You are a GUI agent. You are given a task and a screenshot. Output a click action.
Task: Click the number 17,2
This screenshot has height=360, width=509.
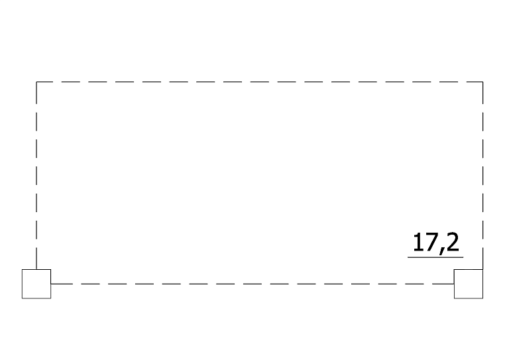click(436, 243)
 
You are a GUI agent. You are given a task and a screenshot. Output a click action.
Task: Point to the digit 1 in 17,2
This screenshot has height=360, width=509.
click(418, 242)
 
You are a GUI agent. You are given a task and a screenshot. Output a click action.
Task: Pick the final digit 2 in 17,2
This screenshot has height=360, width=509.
click(453, 242)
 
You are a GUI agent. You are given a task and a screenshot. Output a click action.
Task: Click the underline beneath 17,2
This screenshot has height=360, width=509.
click(435, 257)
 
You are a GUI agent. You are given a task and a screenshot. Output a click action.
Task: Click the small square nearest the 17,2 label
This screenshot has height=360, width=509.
click(469, 284)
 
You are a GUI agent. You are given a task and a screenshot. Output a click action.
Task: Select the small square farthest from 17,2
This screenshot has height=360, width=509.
click(36, 284)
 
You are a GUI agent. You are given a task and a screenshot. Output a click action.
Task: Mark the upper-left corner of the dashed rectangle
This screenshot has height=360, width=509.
click(36, 82)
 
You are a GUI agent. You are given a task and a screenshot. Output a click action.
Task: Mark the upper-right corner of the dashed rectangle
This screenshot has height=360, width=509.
click(482, 82)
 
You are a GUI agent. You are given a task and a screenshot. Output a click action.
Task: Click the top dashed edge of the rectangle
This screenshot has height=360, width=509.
click(260, 82)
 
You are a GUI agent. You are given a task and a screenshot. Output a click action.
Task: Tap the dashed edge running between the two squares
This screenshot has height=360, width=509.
click(253, 284)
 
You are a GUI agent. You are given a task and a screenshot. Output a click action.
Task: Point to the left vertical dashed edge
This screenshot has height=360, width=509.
click(36, 176)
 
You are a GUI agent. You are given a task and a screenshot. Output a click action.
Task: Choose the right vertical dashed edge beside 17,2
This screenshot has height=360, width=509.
click(482, 176)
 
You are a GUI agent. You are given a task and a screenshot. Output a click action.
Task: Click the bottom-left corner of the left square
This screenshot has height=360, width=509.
click(22, 298)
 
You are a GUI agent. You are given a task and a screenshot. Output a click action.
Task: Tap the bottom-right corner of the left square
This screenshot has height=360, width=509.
click(50, 298)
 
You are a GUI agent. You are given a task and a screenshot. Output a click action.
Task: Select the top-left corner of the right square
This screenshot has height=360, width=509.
click(454, 269)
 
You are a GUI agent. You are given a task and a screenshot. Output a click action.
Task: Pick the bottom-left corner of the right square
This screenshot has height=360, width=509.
click(454, 298)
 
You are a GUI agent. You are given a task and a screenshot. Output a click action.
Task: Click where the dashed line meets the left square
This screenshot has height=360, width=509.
click(50, 284)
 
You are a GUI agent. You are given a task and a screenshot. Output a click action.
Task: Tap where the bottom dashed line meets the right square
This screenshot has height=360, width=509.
click(454, 284)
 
